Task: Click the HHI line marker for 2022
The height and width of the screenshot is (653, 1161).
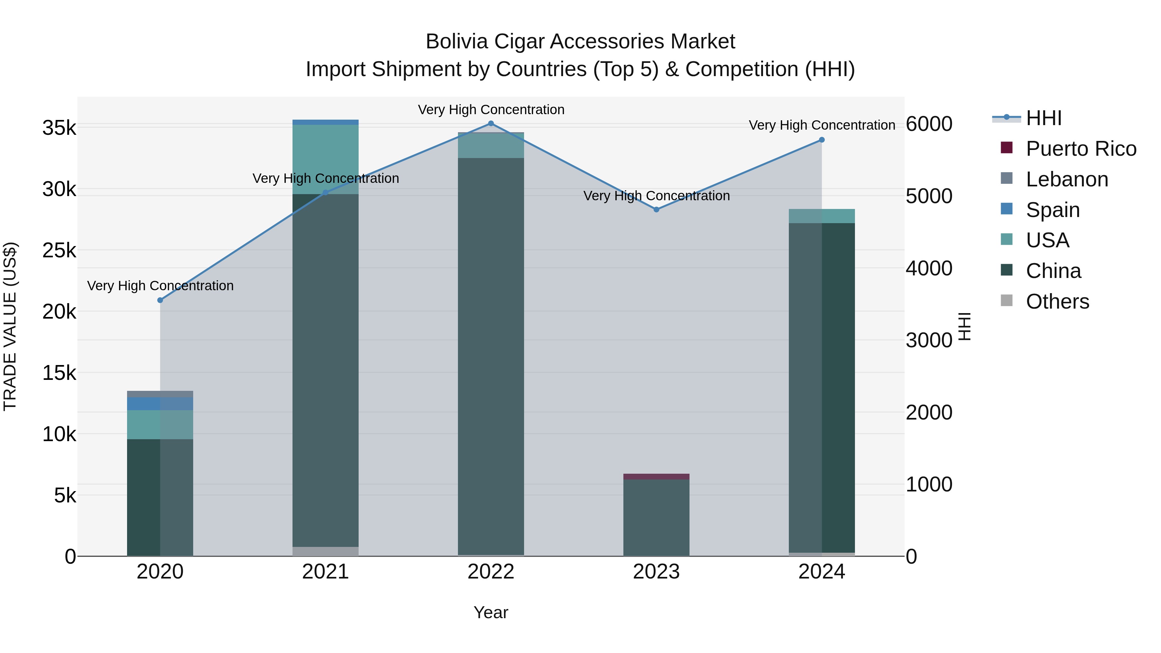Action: [x=491, y=124]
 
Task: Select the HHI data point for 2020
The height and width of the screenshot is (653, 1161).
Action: [x=160, y=300]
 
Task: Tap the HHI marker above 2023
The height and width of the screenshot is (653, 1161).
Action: [x=656, y=210]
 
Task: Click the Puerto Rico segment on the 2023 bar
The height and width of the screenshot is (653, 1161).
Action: [x=656, y=476]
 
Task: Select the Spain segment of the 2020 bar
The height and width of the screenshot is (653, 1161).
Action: [x=160, y=404]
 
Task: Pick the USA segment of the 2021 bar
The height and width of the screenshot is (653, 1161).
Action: [x=325, y=159]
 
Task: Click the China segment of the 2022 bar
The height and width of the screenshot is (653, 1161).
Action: [x=491, y=356]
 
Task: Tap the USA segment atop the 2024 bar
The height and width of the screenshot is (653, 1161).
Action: [x=822, y=216]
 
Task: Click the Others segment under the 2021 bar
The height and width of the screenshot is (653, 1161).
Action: [x=325, y=551]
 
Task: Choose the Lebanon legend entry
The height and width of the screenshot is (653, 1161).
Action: [x=1067, y=179]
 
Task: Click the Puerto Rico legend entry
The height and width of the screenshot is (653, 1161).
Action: [x=1081, y=149]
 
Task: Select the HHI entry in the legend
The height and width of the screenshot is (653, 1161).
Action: [x=1043, y=118]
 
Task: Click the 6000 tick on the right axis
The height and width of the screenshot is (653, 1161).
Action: [x=929, y=124]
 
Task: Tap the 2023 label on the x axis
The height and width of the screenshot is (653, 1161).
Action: [x=656, y=572]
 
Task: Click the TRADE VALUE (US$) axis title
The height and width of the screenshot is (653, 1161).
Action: [x=10, y=326]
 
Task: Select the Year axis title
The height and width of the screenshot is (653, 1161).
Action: [x=491, y=612]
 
